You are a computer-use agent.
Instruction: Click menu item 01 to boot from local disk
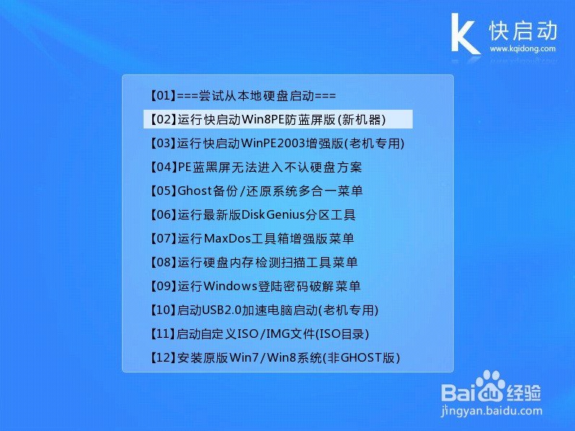(x=242, y=95)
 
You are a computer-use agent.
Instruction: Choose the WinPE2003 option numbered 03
(x=277, y=143)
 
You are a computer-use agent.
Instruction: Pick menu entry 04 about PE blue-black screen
(x=255, y=167)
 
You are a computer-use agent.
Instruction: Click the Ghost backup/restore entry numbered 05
(x=255, y=191)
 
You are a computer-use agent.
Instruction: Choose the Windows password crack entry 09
(x=254, y=286)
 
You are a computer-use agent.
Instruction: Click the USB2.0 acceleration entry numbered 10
(x=263, y=310)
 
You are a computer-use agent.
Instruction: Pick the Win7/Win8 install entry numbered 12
(x=274, y=357)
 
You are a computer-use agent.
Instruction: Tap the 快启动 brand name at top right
(x=523, y=30)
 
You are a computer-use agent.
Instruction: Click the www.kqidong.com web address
(x=523, y=49)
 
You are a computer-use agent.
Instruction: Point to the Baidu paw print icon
(x=492, y=385)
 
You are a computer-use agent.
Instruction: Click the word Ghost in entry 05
(x=193, y=191)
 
